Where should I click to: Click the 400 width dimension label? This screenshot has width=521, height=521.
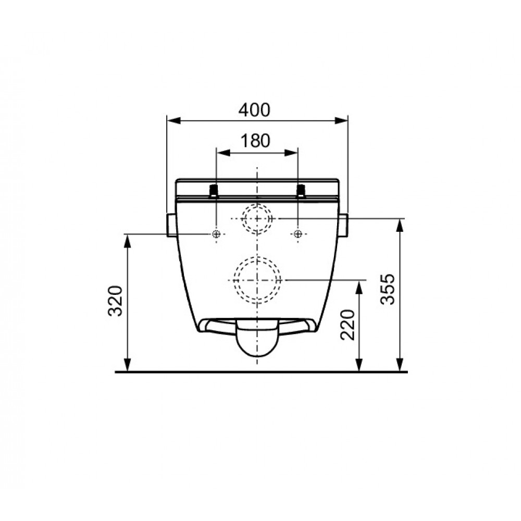coord(255,110)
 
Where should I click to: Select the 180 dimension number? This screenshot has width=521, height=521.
coord(255,141)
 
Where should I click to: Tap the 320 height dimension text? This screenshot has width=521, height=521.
coord(116,301)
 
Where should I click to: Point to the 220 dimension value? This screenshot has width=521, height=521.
coord(348,325)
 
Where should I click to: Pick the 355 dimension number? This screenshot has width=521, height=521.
coord(388,289)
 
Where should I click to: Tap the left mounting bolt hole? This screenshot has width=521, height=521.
coord(216,234)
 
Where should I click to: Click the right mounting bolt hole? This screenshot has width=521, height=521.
coord(298,234)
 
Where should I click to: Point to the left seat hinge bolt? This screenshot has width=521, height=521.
coord(214,192)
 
